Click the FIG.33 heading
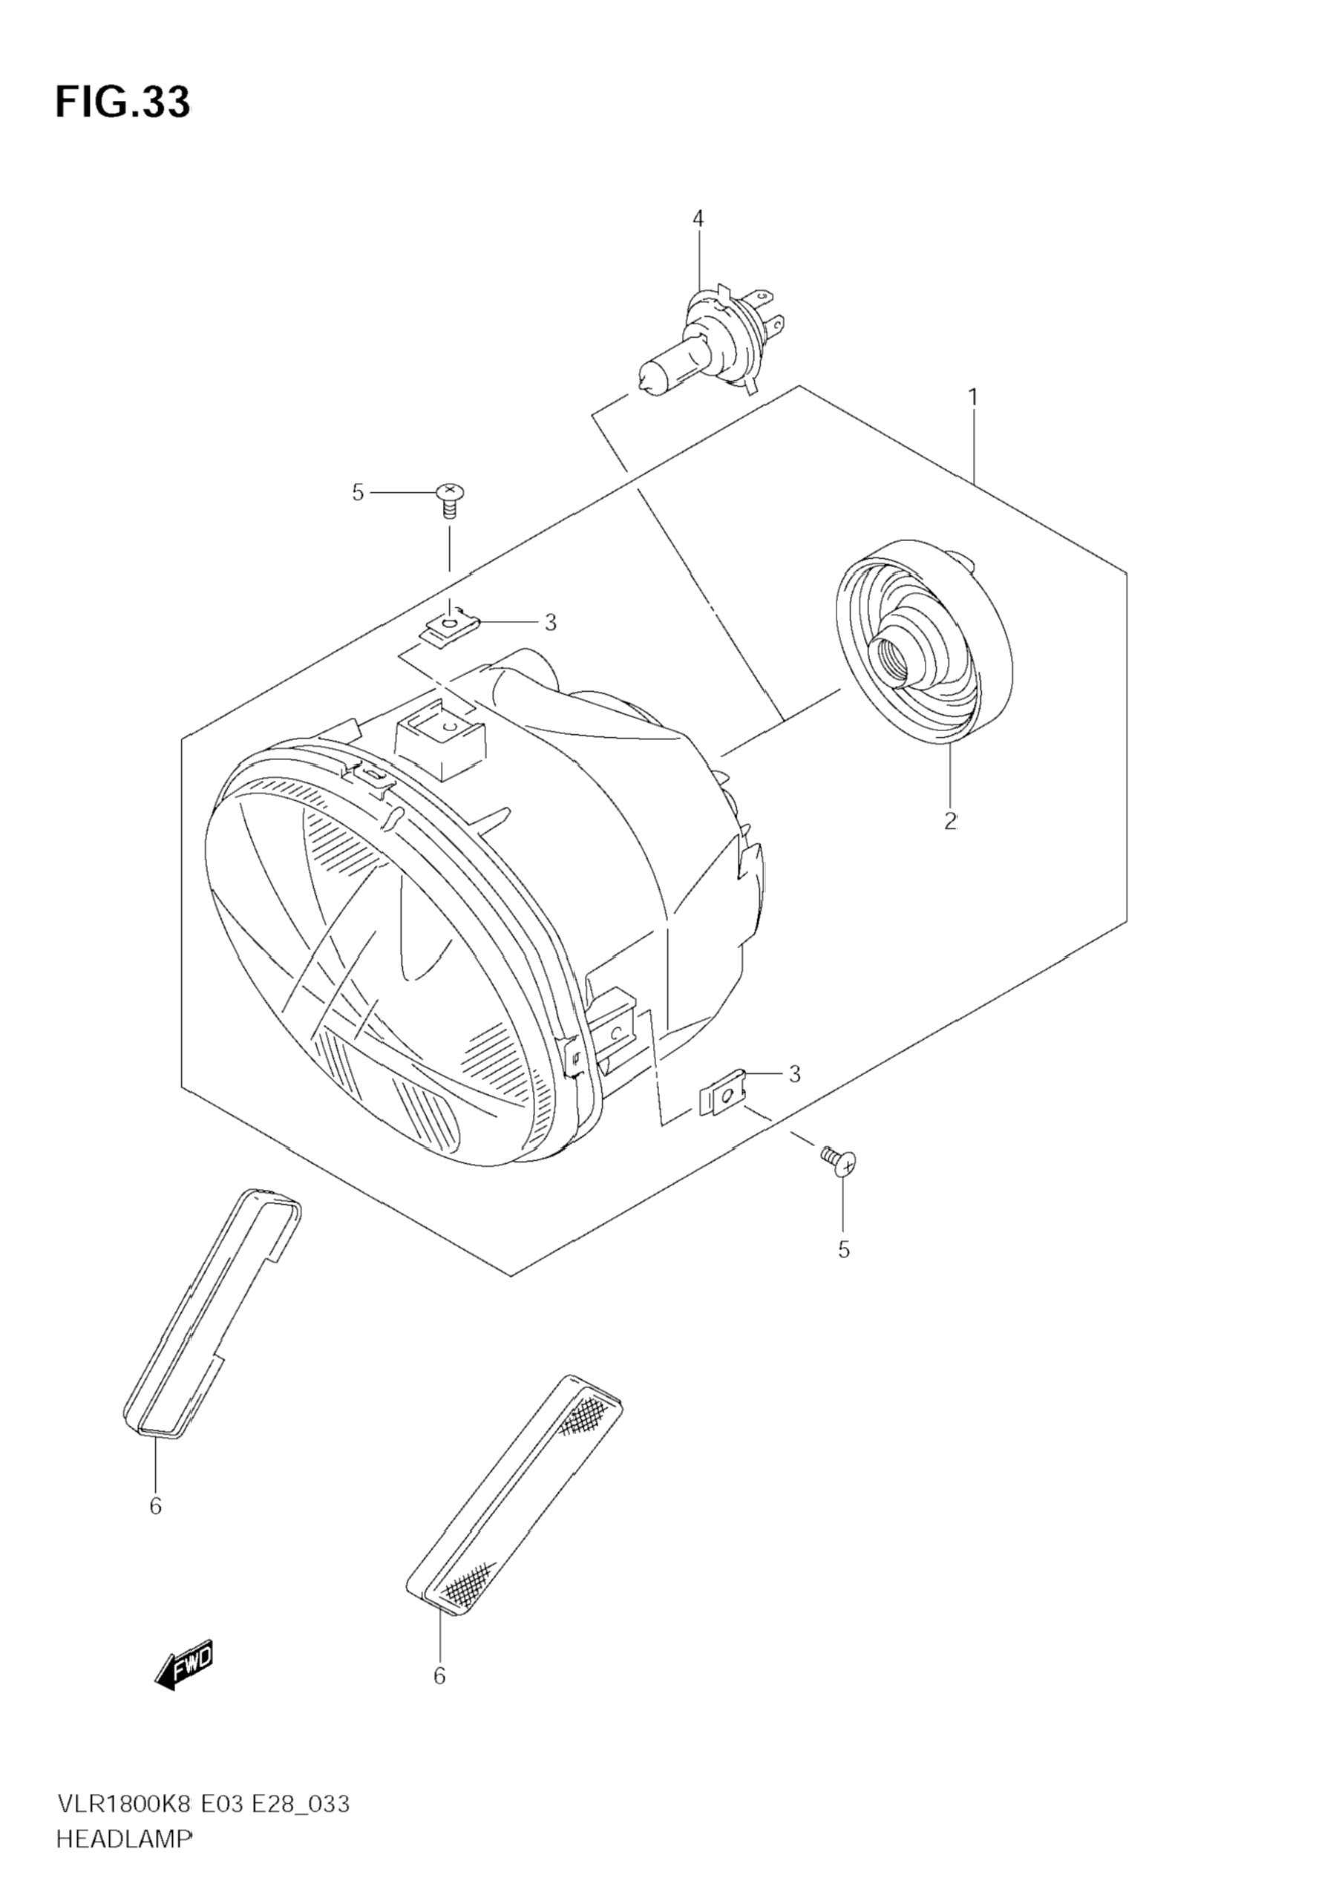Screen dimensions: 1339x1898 (x=122, y=102)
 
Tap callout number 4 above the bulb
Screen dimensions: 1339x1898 (x=698, y=219)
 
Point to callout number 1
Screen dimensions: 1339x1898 (x=974, y=398)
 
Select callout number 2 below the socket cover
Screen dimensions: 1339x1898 (x=951, y=821)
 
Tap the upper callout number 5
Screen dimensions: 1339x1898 (x=358, y=493)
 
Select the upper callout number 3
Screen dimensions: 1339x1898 (x=551, y=623)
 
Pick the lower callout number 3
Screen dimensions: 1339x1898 (x=794, y=1074)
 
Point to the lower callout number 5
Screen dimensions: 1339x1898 (x=844, y=1251)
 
